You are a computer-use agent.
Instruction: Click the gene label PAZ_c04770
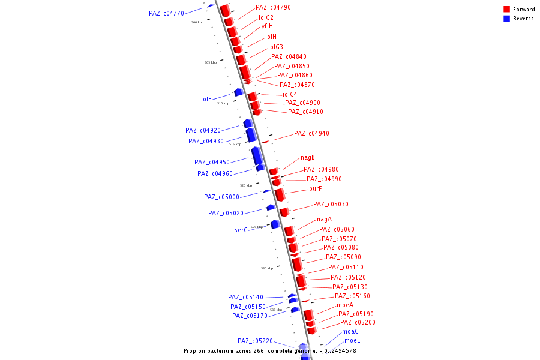(166, 13)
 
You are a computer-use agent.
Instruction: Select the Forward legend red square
(506, 10)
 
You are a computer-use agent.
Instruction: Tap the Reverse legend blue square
(506, 19)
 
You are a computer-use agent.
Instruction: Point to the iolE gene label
(206, 99)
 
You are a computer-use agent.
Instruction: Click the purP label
(316, 188)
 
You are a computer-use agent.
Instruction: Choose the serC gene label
(241, 230)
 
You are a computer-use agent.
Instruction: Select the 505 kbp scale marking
(210, 62)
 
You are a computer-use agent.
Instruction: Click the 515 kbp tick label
(235, 144)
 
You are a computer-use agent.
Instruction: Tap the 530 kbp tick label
(266, 268)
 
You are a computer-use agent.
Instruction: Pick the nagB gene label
(308, 157)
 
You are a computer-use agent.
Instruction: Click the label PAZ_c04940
(311, 133)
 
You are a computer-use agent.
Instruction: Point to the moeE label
(352, 341)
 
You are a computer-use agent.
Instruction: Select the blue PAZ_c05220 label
(255, 341)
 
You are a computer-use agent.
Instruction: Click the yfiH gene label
(267, 26)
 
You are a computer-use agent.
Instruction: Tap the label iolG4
(290, 94)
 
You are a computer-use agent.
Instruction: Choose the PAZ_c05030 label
(331, 204)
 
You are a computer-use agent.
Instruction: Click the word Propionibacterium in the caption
(213, 350)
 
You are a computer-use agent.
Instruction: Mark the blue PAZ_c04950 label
(212, 162)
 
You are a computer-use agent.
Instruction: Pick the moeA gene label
(345, 305)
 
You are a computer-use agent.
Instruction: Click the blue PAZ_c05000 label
(221, 197)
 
